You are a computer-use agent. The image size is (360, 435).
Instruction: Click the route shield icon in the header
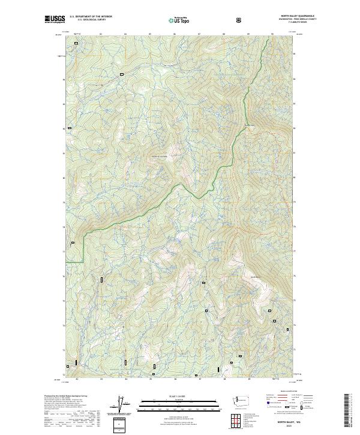[x=241, y=20]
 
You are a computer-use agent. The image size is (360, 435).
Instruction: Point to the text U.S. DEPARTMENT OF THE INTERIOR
[x=91, y=17]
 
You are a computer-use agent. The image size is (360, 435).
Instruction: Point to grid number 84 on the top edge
[x=125, y=34]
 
